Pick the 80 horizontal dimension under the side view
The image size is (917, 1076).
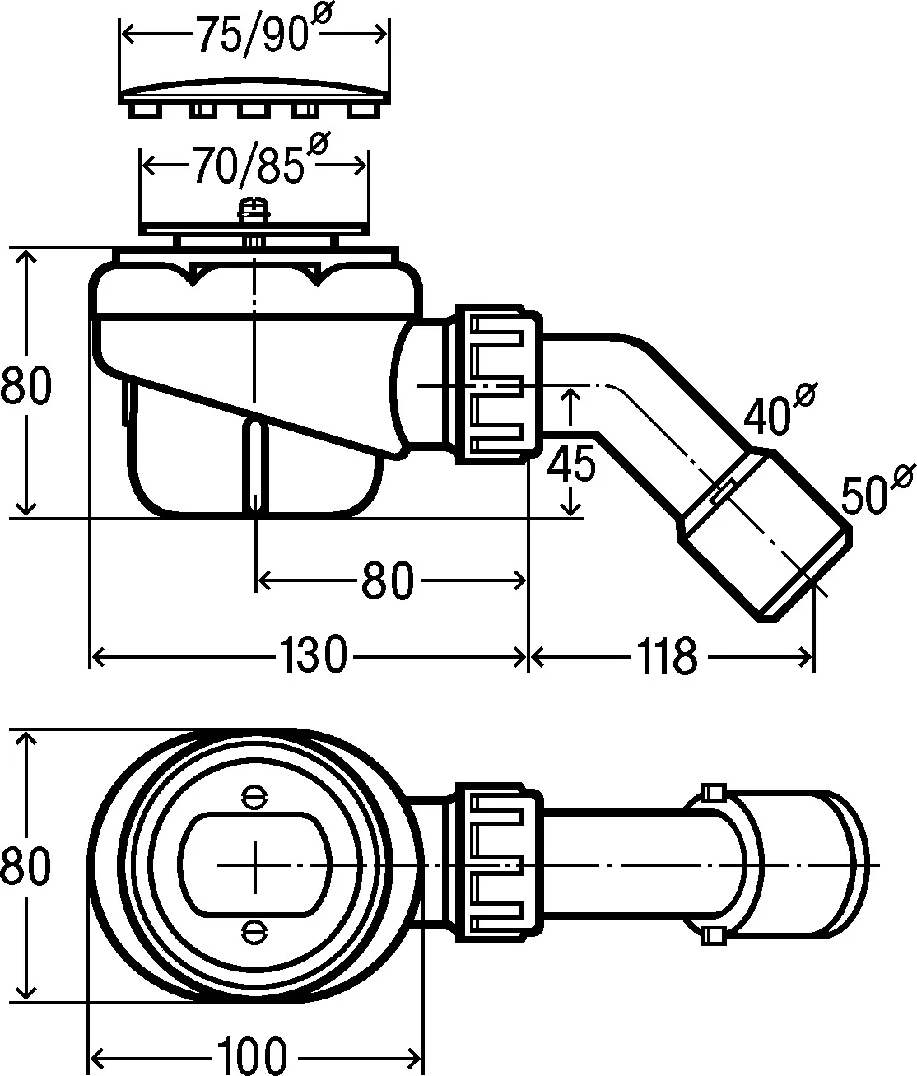386,582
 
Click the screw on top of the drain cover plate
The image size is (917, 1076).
254,210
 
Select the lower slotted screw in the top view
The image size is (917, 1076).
254,931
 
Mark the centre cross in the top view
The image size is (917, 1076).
255,864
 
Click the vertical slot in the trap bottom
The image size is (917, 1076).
255,465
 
